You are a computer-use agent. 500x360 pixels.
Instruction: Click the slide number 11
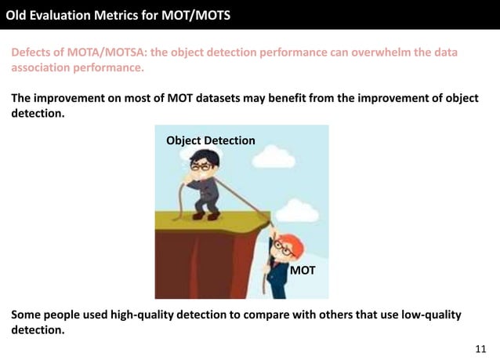(480, 347)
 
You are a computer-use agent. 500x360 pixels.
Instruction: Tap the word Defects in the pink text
(32, 53)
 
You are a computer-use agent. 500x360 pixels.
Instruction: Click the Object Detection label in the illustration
(211, 140)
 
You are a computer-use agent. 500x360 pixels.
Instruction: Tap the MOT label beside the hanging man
(303, 270)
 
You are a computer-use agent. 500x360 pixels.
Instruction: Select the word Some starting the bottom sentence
(27, 315)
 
